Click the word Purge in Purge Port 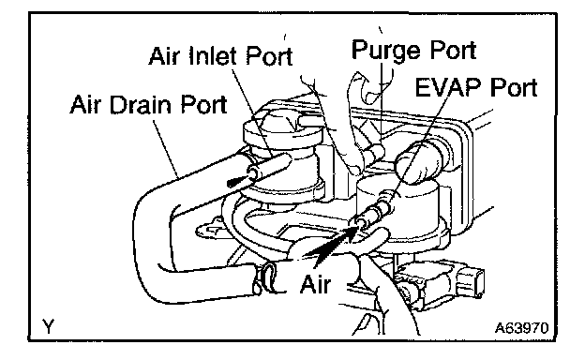coord(387,50)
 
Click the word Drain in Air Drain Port coord(141,104)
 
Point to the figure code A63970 coord(521,328)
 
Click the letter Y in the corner coord(48,327)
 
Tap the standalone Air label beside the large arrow coord(315,284)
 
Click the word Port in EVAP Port coord(514,87)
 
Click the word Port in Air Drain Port coord(203,104)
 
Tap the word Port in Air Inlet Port coord(269,56)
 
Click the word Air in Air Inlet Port coord(164,56)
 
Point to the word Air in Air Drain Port coord(85,104)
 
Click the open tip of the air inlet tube coord(254,172)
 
